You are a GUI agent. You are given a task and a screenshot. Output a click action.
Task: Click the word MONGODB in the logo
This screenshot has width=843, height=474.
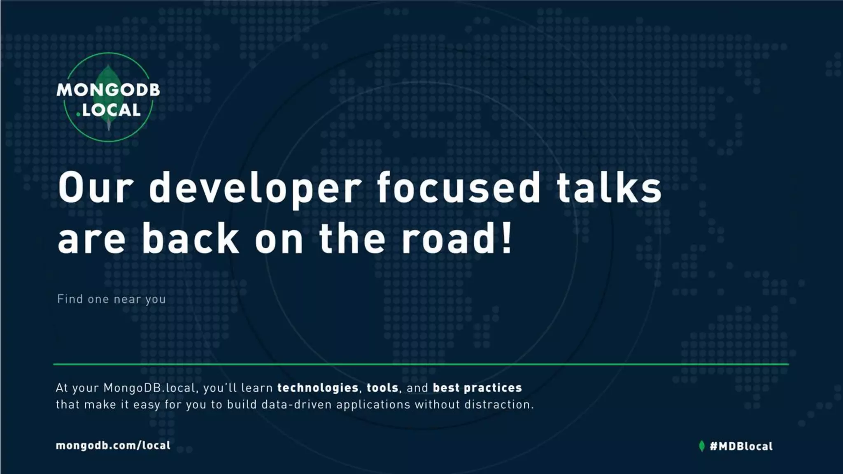108,90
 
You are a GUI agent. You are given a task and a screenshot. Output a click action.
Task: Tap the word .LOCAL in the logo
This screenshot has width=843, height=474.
109,110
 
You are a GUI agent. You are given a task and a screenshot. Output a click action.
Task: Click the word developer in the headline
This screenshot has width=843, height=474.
255,188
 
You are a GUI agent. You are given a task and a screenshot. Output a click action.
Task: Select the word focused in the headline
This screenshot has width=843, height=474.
458,188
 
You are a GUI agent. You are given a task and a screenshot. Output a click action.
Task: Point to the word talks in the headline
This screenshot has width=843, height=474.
609,188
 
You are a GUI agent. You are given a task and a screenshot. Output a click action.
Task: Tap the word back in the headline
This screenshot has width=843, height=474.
190,239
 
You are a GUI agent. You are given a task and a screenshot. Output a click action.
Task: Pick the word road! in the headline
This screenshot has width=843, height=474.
457,239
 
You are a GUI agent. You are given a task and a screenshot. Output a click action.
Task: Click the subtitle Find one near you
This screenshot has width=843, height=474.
112,299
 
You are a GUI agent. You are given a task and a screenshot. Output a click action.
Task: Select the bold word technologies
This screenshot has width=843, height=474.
318,388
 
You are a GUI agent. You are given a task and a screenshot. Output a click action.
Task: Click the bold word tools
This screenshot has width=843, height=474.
382,388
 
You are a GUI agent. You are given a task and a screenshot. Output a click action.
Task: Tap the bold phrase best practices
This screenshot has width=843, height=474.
477,388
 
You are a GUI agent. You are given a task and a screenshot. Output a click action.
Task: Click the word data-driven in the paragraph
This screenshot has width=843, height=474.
296,405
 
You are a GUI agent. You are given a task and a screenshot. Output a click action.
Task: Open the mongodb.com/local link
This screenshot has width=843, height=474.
113,446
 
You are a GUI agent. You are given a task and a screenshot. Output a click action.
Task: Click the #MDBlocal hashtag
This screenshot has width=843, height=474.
741,446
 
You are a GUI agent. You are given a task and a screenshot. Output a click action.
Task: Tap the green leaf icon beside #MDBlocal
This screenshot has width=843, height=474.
702,446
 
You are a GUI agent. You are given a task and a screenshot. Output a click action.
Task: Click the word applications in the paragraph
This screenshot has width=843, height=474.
373,405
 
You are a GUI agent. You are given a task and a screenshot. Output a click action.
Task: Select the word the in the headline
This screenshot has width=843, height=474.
352,239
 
